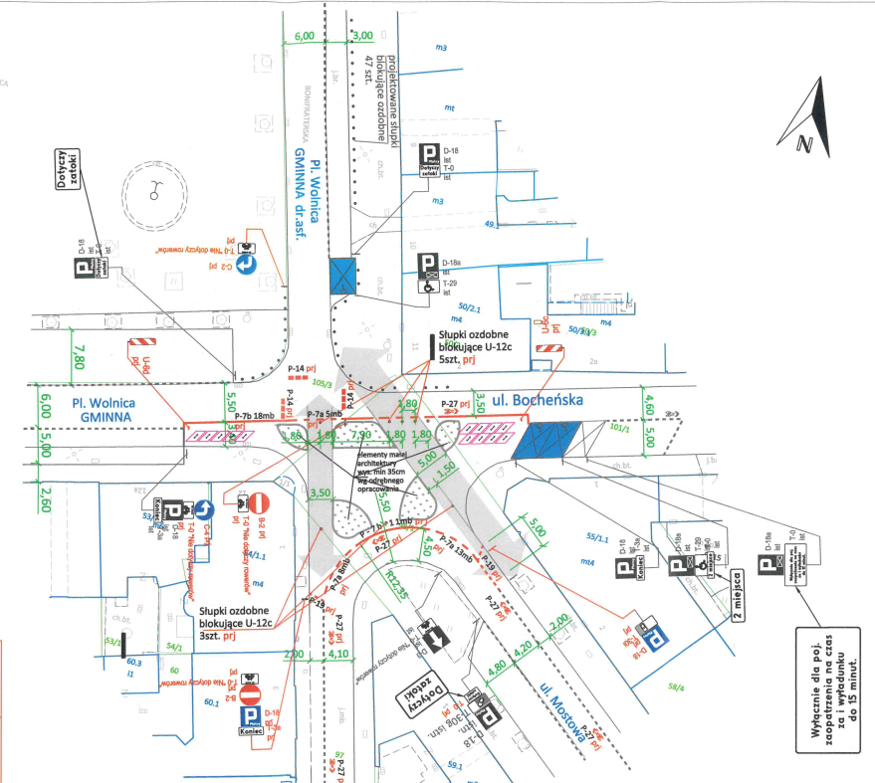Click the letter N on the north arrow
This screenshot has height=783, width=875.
coord(804,146)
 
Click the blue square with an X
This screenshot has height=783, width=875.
coord(342,276)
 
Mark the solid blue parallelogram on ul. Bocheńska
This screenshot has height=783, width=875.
coord(545,440)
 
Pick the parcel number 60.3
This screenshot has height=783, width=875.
coord(133,662)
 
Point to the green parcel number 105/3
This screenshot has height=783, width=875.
coord(322,381)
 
